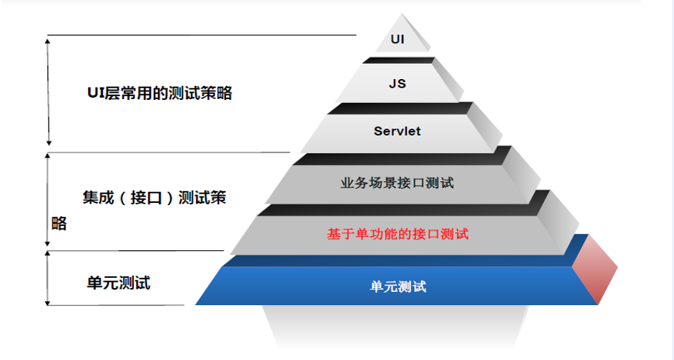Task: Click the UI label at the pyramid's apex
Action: click(398, 37)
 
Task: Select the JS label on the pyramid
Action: click(397, 83)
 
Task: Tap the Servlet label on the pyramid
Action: click(397, 131)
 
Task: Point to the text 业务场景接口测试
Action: click(397, 183)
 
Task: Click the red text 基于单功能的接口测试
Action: click(398, 233)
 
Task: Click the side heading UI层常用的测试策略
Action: click(159, 94)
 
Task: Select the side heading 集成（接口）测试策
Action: click(154, 197)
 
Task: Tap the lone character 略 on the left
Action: click(59, 224)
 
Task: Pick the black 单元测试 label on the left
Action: click(118, 283)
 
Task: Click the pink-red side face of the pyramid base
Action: click(595, 266)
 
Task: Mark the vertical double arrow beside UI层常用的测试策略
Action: click(49, 91)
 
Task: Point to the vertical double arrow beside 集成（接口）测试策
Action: click(48, 200)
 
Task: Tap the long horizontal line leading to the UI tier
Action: click(201, 35)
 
